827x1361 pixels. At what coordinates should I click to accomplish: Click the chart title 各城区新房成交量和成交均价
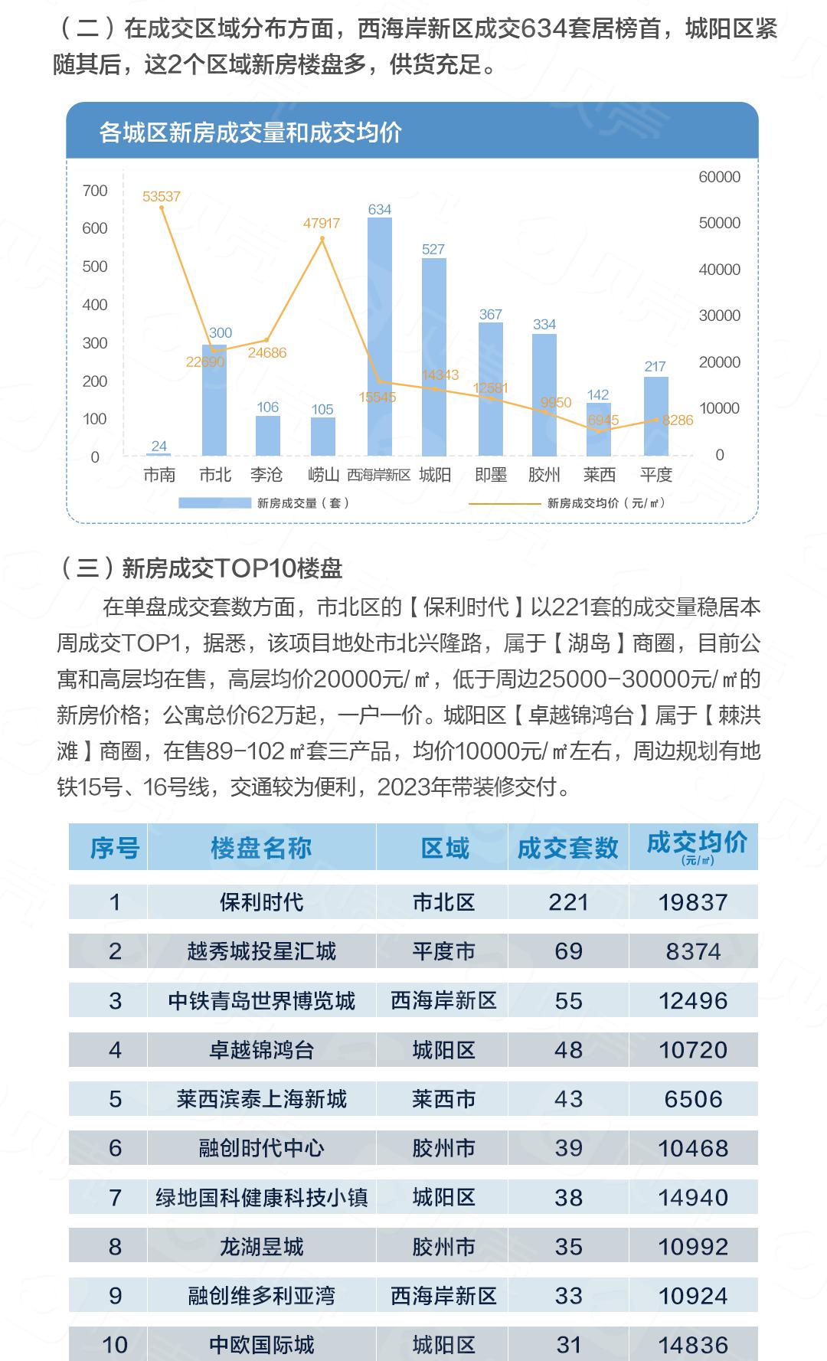click(250, 133)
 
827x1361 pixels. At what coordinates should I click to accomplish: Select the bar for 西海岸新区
click(380, 337)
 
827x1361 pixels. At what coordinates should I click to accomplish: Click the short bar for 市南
click(159, 454)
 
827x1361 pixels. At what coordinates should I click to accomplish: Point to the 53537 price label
click(162, 197)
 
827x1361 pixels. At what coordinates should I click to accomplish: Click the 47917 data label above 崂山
click(322, 224)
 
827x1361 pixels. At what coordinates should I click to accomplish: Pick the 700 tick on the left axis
click(95, 191)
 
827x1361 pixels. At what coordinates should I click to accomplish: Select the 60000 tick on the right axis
click(719, 177)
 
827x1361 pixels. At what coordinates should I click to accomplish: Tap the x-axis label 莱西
click(600, 476)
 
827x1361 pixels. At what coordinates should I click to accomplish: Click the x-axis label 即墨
click(491, 476)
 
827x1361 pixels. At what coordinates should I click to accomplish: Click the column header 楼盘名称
click(261, 848)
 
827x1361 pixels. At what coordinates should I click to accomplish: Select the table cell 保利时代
click(261, 902)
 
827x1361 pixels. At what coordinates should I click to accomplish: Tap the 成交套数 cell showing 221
click(568, 902)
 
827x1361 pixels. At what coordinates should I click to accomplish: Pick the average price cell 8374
click(693, 951)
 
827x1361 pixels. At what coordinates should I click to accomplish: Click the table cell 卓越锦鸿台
click(261, 1050)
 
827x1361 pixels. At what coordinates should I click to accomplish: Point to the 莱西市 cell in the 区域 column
click(443, 1099)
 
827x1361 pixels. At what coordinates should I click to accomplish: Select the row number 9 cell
click(115, 1296)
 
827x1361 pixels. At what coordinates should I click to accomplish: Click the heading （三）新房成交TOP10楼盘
click(201, 568)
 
